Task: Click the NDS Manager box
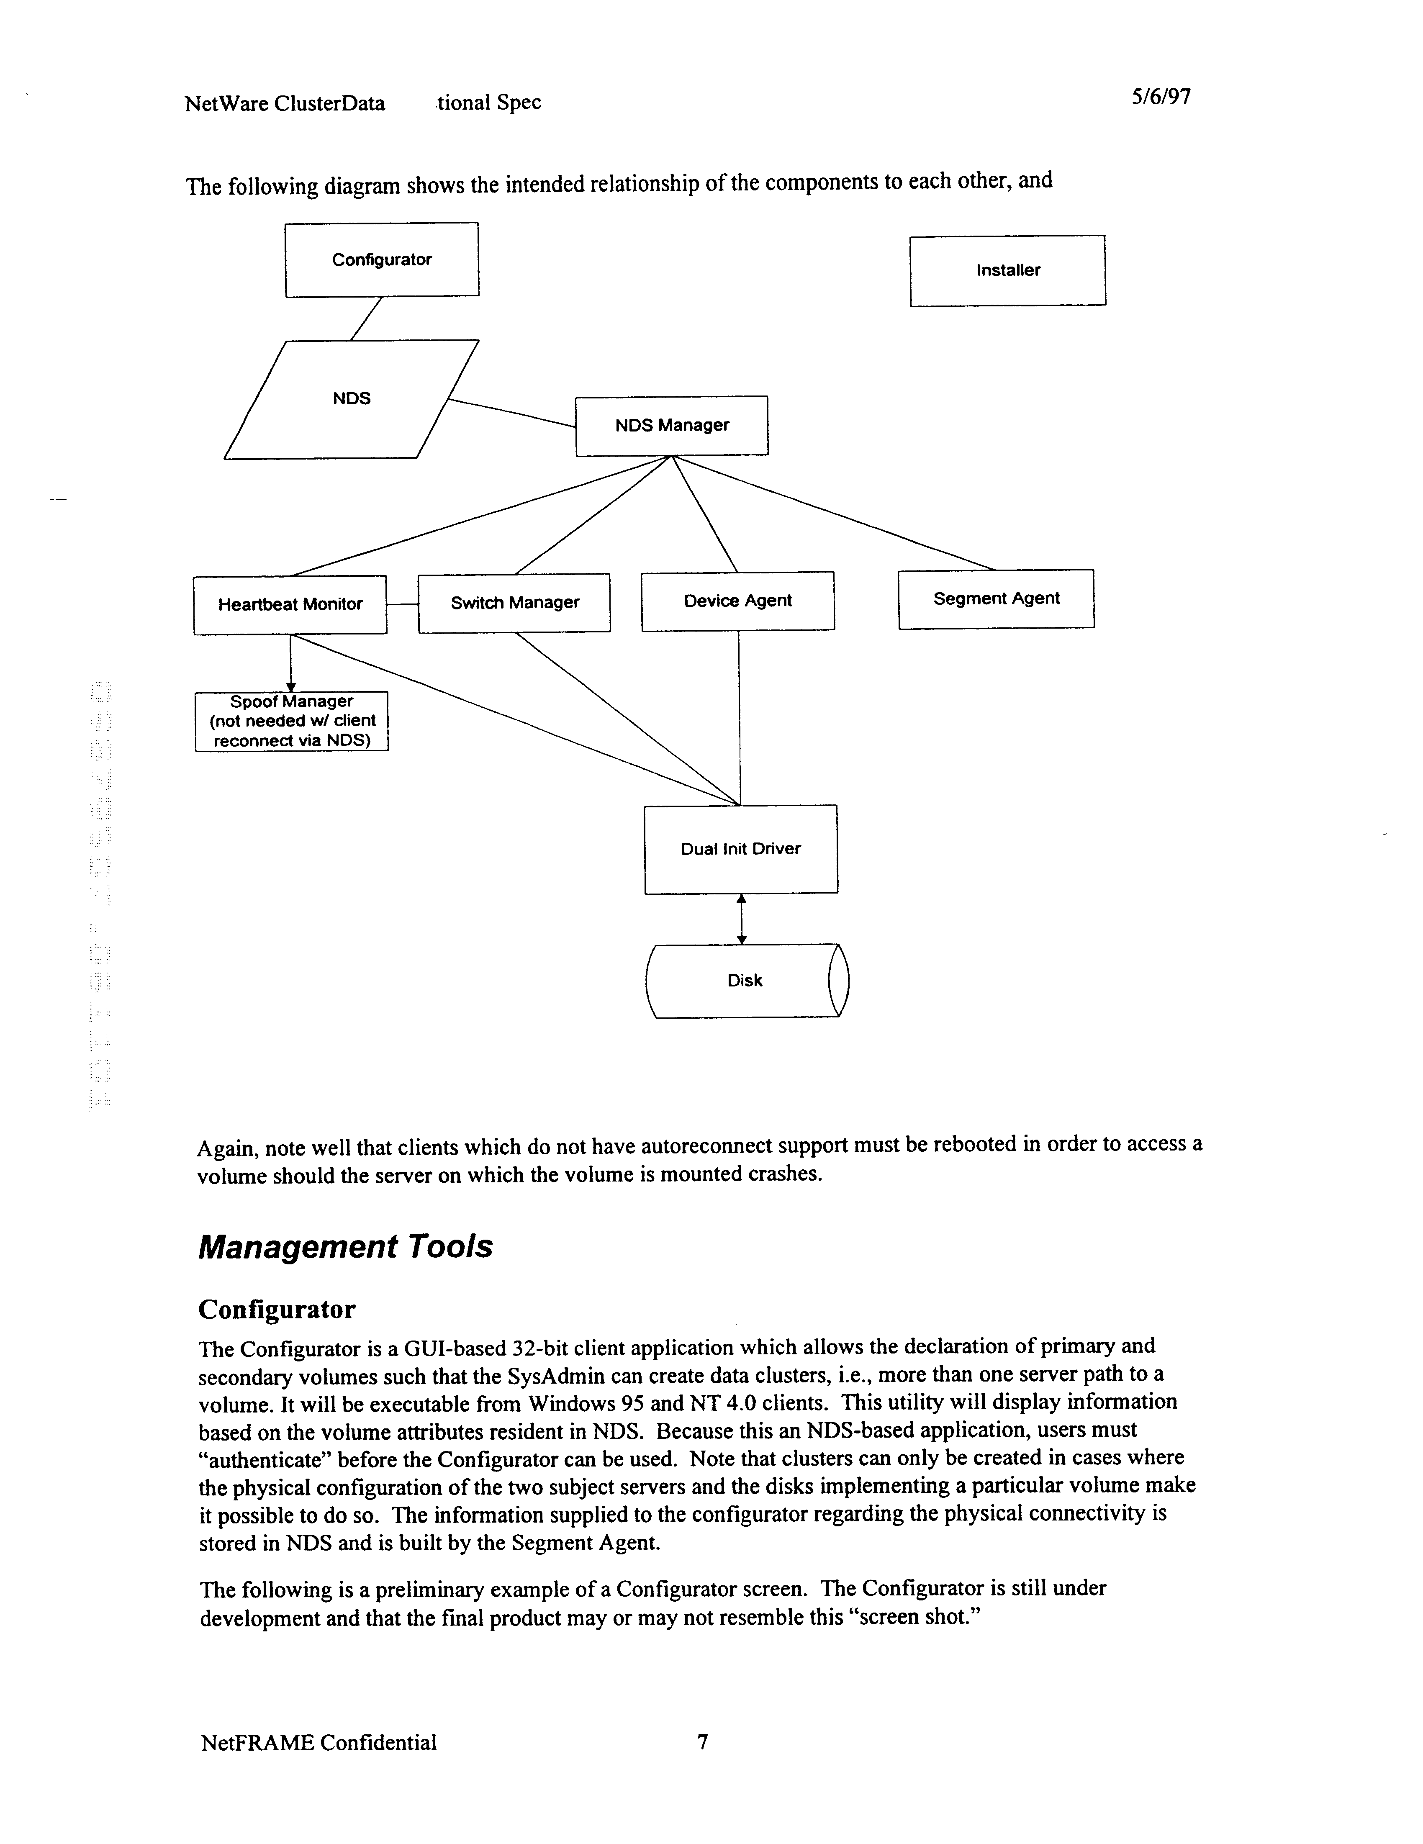tap(671, 426)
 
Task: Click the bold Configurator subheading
tap(277, 1310)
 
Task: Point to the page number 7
tap(702, 1742)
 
